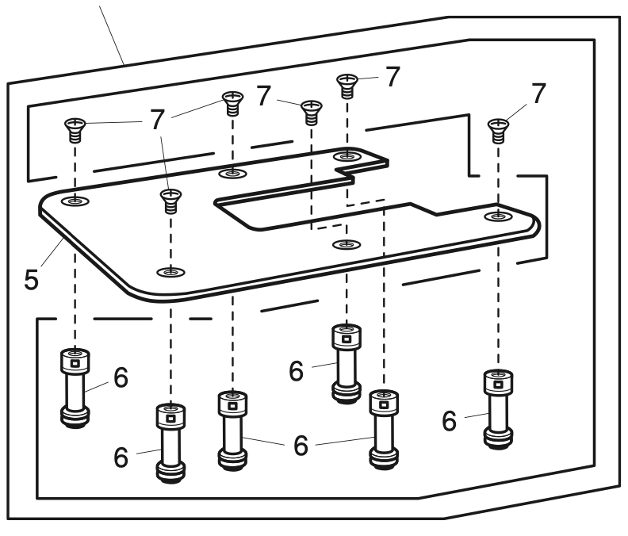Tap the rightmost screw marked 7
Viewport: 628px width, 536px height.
click(x=497, y=128)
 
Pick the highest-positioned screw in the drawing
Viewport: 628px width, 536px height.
click(x=347, y=83)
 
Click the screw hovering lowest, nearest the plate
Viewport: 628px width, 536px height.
click(x=169, y=201)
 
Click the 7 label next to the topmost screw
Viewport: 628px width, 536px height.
click(x=392, y=76)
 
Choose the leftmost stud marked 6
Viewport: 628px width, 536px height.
click(x=74, y=385)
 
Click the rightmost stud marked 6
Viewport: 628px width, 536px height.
click(x=497, y=404)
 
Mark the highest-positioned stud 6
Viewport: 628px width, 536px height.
click(x=347, y=361)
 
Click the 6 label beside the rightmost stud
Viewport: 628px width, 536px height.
click(x=449, y=421)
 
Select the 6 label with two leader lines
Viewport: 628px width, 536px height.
click(x=301, y=445)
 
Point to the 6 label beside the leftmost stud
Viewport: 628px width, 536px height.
click(x=119, y=377)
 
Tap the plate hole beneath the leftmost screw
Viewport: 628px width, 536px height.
click(x=74, y=201)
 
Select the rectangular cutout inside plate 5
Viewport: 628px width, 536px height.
click(x=317, y=208)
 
